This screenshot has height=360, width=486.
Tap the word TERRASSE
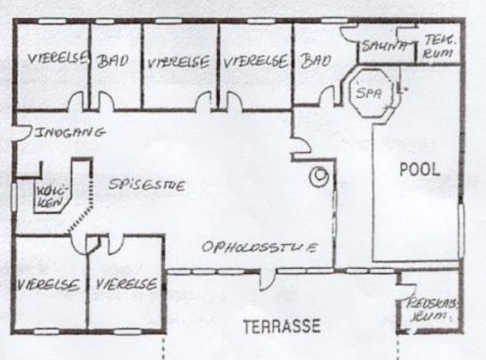point(282,326)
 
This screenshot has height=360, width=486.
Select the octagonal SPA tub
point(368,93)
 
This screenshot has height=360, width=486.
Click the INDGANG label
point(70,132)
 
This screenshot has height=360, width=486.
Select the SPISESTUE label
point(147,185)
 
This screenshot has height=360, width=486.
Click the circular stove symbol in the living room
point(321,176)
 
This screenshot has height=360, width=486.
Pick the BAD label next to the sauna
point(316,61)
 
